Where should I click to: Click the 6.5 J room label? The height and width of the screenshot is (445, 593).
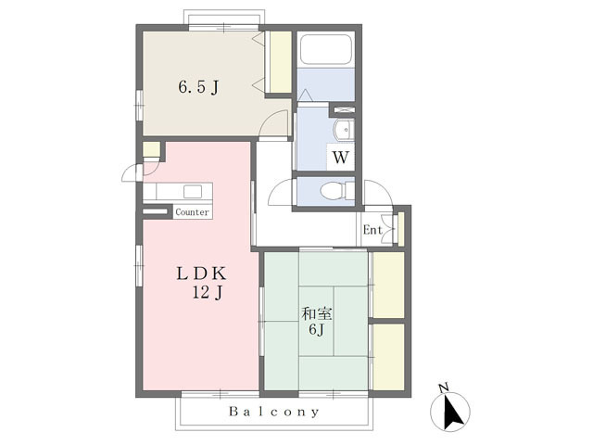pos(198,88)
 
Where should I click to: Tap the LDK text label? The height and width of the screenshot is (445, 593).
pos(202,273)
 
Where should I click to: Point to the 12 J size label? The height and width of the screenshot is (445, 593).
pos(208,293)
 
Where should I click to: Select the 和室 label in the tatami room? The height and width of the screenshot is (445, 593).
pos(317,314)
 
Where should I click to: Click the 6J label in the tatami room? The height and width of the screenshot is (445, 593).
pos(317,330)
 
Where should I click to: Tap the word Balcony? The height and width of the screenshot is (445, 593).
pos(274,412)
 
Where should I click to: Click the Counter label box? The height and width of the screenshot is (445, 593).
pos(193,212)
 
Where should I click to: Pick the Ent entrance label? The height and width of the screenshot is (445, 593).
pos(372,230)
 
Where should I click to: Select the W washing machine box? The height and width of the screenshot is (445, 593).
pos(340,157)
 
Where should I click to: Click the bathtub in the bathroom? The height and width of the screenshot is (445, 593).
pos(325,49)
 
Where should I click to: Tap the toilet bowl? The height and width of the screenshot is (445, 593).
pos(332,191)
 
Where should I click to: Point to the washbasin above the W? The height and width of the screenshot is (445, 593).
pos(344,130)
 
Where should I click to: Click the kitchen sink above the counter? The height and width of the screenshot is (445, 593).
pos(193,192)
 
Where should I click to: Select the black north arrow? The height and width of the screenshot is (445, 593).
pos(452,411)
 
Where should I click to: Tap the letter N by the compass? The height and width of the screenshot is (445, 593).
pos(444,388)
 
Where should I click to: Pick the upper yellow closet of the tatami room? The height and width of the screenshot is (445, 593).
pos(388,285)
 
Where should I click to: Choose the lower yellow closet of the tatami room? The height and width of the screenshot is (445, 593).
pos(388,357)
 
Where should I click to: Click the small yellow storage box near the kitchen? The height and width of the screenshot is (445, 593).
pos(151,149)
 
